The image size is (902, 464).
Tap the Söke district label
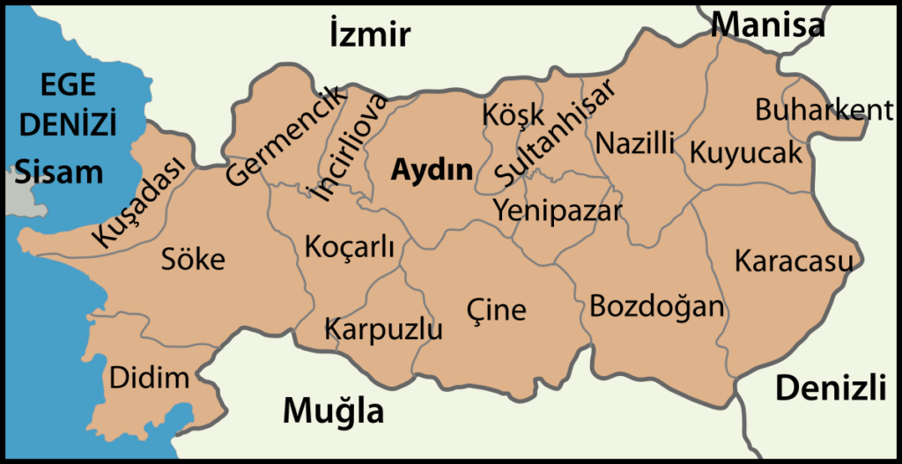tap(193, 259)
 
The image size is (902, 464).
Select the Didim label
tap(149, 379)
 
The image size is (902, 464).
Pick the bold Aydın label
tap(432, 168)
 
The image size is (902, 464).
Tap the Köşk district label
tap(514, 114)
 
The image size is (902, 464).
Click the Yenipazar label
tap(558, 210)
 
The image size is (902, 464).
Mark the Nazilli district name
tap(635, 142)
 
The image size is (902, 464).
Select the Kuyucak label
tap(746, 152)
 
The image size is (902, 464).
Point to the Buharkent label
tap(824, 110)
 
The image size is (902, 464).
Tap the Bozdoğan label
tap(656, 307)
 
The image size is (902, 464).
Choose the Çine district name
tap(496, 309)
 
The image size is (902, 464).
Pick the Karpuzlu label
tap(383, 330)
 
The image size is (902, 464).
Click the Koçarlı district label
tap(349, 247)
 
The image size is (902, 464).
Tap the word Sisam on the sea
tap(58, 171)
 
